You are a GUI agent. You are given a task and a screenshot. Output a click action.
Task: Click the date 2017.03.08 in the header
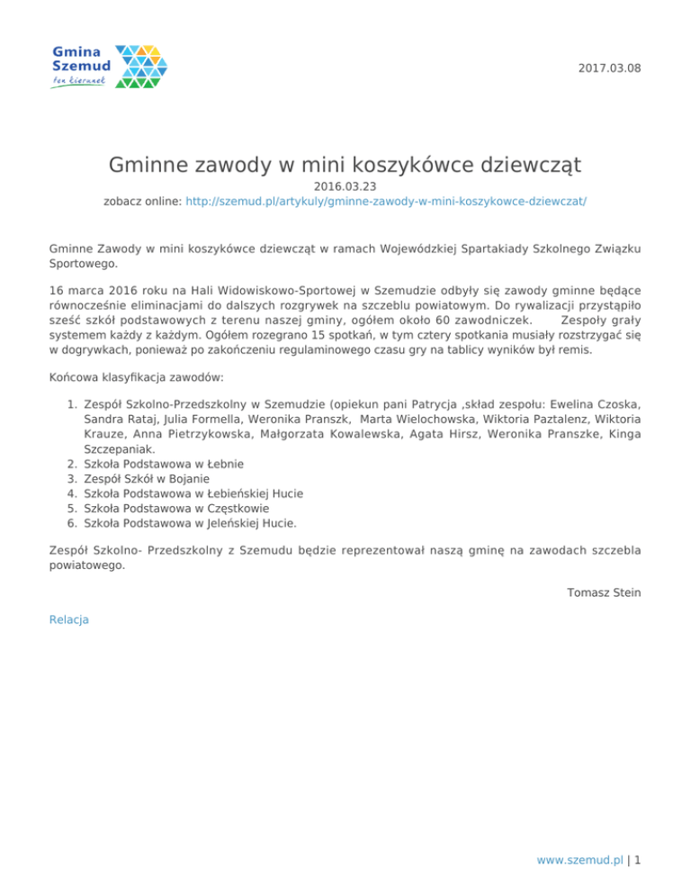click(x=609, y=68)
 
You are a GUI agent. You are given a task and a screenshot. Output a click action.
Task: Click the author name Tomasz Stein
click(x=605, y=592)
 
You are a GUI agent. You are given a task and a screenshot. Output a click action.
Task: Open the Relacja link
click(x=69, y=619)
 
